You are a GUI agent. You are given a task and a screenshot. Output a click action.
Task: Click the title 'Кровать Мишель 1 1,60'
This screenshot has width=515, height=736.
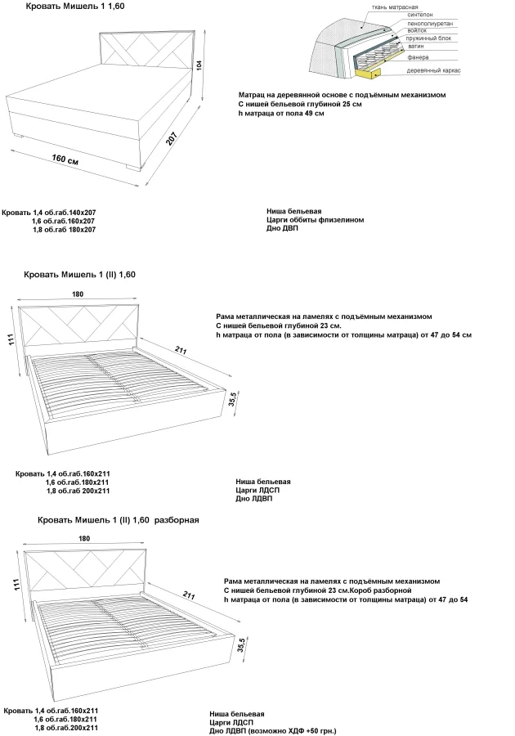pos(75,7)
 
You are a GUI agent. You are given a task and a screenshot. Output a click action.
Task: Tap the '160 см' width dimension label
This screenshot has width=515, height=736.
pos(65,159)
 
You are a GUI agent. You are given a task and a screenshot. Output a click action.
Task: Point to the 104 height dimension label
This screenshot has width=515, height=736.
pos(199,65)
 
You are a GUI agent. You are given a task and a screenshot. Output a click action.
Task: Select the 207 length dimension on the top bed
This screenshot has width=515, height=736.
pos(172,138)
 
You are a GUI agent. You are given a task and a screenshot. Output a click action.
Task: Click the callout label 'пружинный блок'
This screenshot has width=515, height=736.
pos(428,38)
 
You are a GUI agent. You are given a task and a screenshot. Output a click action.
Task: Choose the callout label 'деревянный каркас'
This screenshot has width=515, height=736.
pos(433,71)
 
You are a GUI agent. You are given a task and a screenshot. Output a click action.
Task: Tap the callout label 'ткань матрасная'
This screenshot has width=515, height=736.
pos(395,7)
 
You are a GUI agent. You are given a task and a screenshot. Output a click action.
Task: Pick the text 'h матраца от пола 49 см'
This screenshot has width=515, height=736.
pos(281,113)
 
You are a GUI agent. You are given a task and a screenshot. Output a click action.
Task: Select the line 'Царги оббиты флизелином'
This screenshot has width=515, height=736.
pos(316,220)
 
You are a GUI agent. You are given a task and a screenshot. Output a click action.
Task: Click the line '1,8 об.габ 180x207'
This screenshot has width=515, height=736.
pos(65,230)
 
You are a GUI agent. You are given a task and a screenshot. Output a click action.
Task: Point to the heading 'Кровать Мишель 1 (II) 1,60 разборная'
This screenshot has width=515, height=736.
pos(119,520)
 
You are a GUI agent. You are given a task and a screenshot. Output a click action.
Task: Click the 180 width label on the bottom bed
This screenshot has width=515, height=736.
pos(84,538)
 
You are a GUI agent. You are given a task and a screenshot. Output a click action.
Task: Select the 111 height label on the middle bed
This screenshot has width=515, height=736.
pos(12,340)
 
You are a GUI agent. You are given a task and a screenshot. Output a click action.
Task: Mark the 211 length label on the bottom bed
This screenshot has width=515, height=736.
pos(189,595)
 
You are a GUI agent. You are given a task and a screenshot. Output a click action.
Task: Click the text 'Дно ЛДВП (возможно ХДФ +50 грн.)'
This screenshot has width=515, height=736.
pos(272,731)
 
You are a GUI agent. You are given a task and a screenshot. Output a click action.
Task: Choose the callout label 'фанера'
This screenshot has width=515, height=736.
pos(418,58)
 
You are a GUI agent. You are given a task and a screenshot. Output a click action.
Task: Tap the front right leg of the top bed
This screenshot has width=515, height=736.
pos(133,168)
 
